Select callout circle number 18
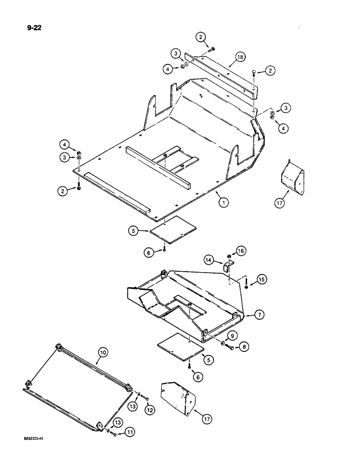click(x=239, y=57)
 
